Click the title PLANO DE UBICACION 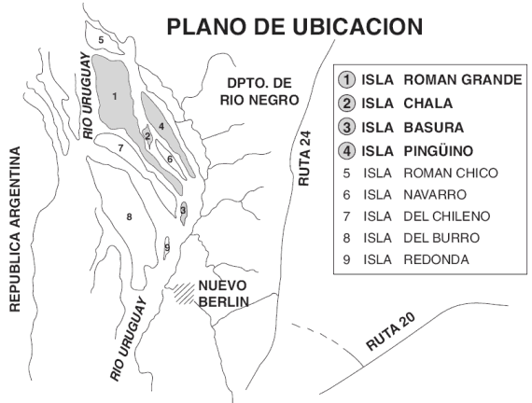coord(295,26)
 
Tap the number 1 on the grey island coord(115,97)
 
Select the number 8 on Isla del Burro coord(129,216)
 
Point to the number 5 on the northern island coord(101,40)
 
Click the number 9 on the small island coord(167,247)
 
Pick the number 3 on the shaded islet coord(183,210)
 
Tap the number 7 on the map coord(120,148)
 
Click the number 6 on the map coord(170,159)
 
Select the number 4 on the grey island coord(161,127)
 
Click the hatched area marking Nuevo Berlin coord(184,293)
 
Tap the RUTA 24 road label coord(304,158)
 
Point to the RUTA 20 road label coord(390,331)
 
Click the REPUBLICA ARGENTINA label coord(15,229)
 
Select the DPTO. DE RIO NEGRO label coord(259,91)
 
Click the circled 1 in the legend coord(346,79)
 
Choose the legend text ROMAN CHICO coord(451,173)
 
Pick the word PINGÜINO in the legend coord(438,150)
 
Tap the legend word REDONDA coord(436,259)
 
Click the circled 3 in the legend coord(346,127)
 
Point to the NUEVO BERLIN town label coord(224,294)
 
